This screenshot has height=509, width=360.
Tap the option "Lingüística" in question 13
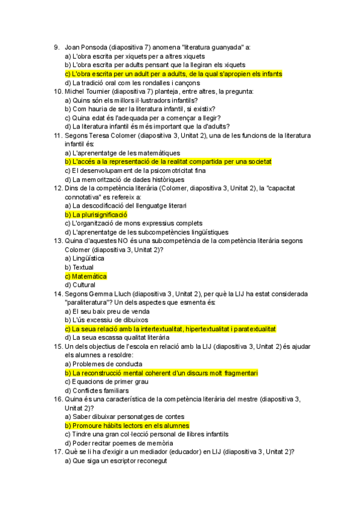[x=88, y=259]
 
